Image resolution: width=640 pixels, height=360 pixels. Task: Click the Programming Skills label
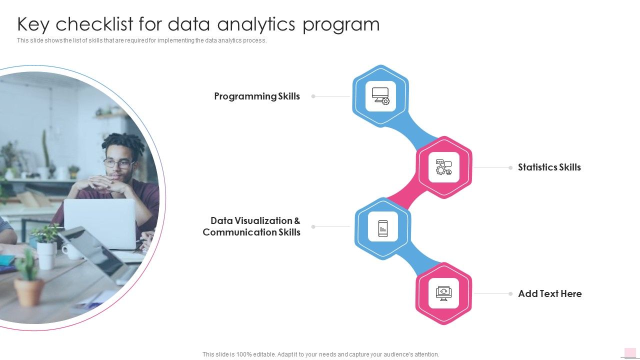tap(257, 96)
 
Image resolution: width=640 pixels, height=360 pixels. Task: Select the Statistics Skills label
tap(549, 167)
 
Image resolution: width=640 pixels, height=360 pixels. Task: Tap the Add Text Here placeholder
tap(549, 294)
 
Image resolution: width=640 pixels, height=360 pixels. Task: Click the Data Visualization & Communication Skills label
tap(251, 226)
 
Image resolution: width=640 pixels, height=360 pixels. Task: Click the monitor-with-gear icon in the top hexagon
tap(380, 96)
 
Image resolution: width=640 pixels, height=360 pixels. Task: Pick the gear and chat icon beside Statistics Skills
tap(443, 167)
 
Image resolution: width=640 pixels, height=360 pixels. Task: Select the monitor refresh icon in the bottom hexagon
tap(443, 293)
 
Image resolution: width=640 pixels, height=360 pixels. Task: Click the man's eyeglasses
tap(119, 163)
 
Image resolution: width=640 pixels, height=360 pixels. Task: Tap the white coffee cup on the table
tap(71, 250)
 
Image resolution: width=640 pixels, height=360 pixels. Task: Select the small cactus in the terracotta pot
tap(28, 278)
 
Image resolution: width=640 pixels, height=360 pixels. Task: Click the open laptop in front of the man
tap(100, 222)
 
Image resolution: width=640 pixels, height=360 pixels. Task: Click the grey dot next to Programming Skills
tap(313, 96)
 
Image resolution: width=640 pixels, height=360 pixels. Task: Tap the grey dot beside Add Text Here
tap(510, 294)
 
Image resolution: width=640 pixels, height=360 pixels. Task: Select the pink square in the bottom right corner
tap(630, 352)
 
